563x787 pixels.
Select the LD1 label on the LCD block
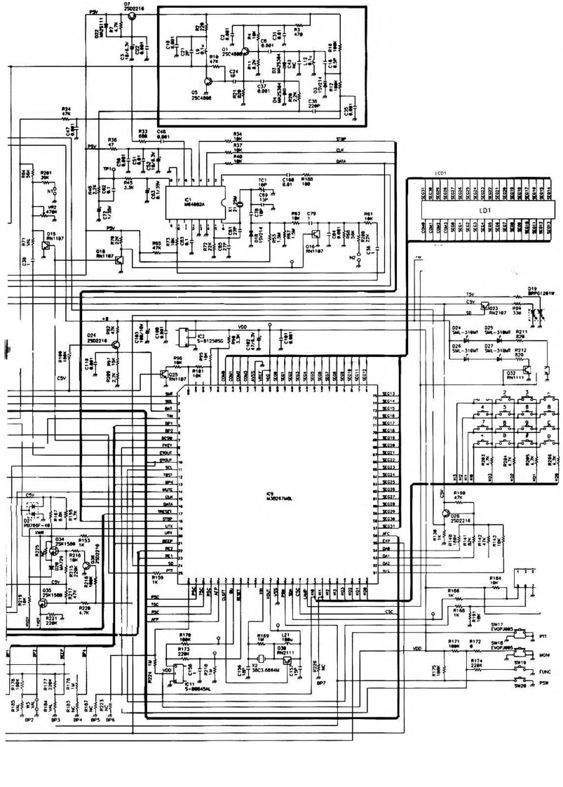click(x=482, y=209)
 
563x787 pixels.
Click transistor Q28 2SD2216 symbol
click(x=446, y=514)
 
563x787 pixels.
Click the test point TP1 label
click(x=108, y=169)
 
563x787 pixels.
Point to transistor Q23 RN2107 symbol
click(x=483, y=307)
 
